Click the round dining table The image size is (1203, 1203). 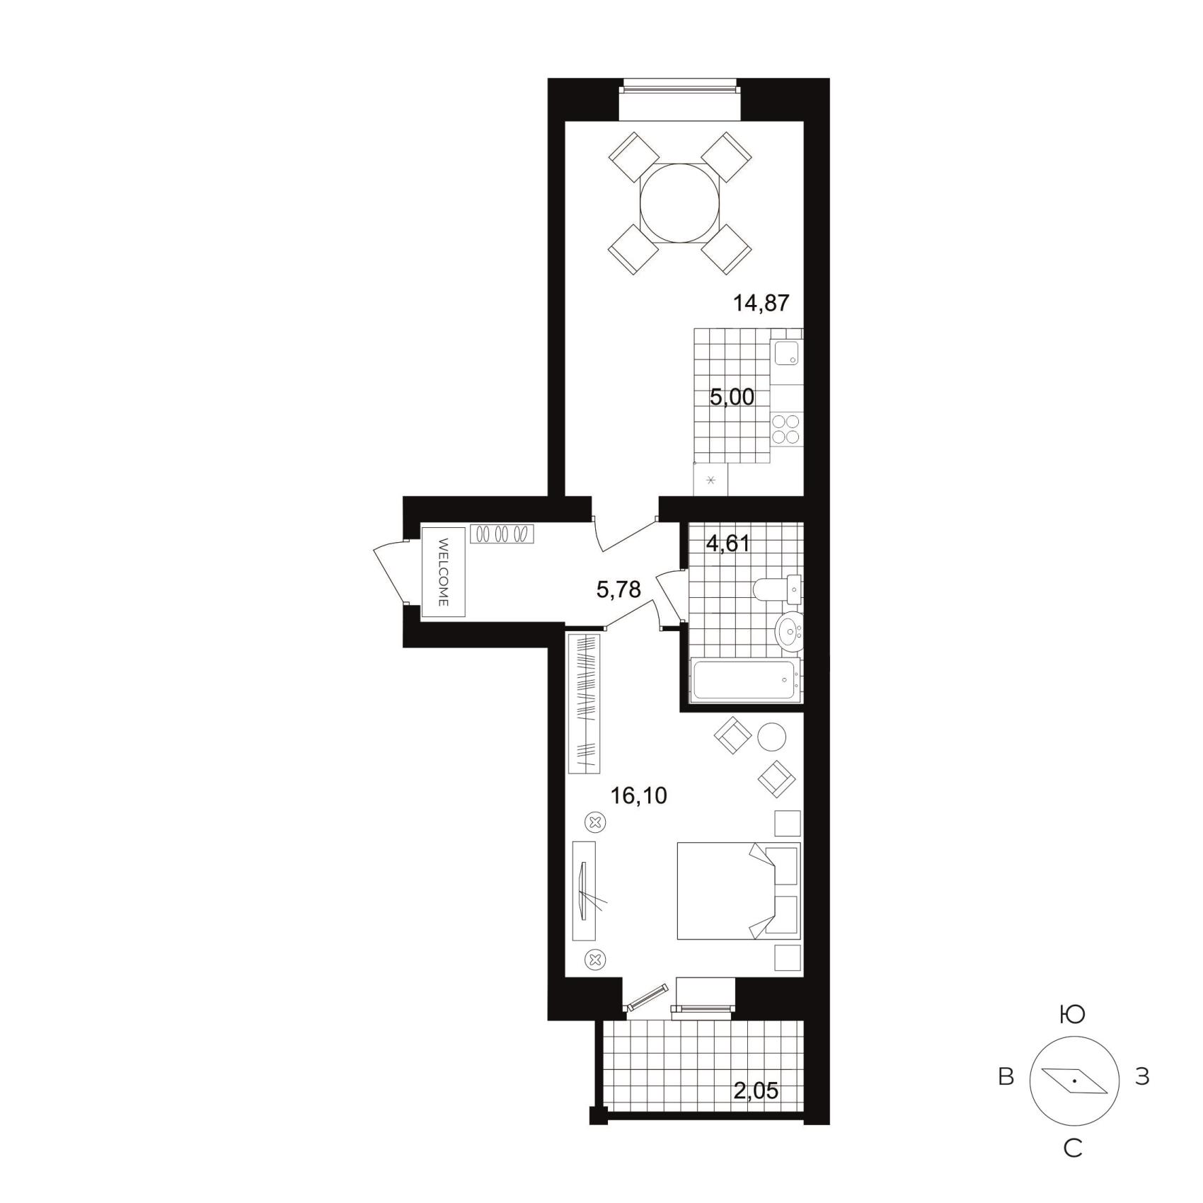tap(679, 204)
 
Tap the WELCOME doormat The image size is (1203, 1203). tap(444, 571)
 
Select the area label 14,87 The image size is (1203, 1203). tap(761, 304)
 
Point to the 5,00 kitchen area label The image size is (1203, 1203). tap(732, 397)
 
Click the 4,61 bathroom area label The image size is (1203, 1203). tap(728, 543)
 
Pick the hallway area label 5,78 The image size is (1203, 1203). tap(618, 589)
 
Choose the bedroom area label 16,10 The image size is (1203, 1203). tap(639, 796)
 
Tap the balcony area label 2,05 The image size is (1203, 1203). tap(756, 1091)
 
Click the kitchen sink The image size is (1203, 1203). tap(786, 352)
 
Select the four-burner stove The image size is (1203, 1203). tap(786, 428)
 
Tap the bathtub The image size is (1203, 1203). tap(746, 680)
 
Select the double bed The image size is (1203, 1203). tap(739, 891)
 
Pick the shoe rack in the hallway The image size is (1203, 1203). tap(502, 534)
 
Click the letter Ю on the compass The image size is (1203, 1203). tap(1073, 1015)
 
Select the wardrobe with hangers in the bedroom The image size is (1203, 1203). tap(585, 703)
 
